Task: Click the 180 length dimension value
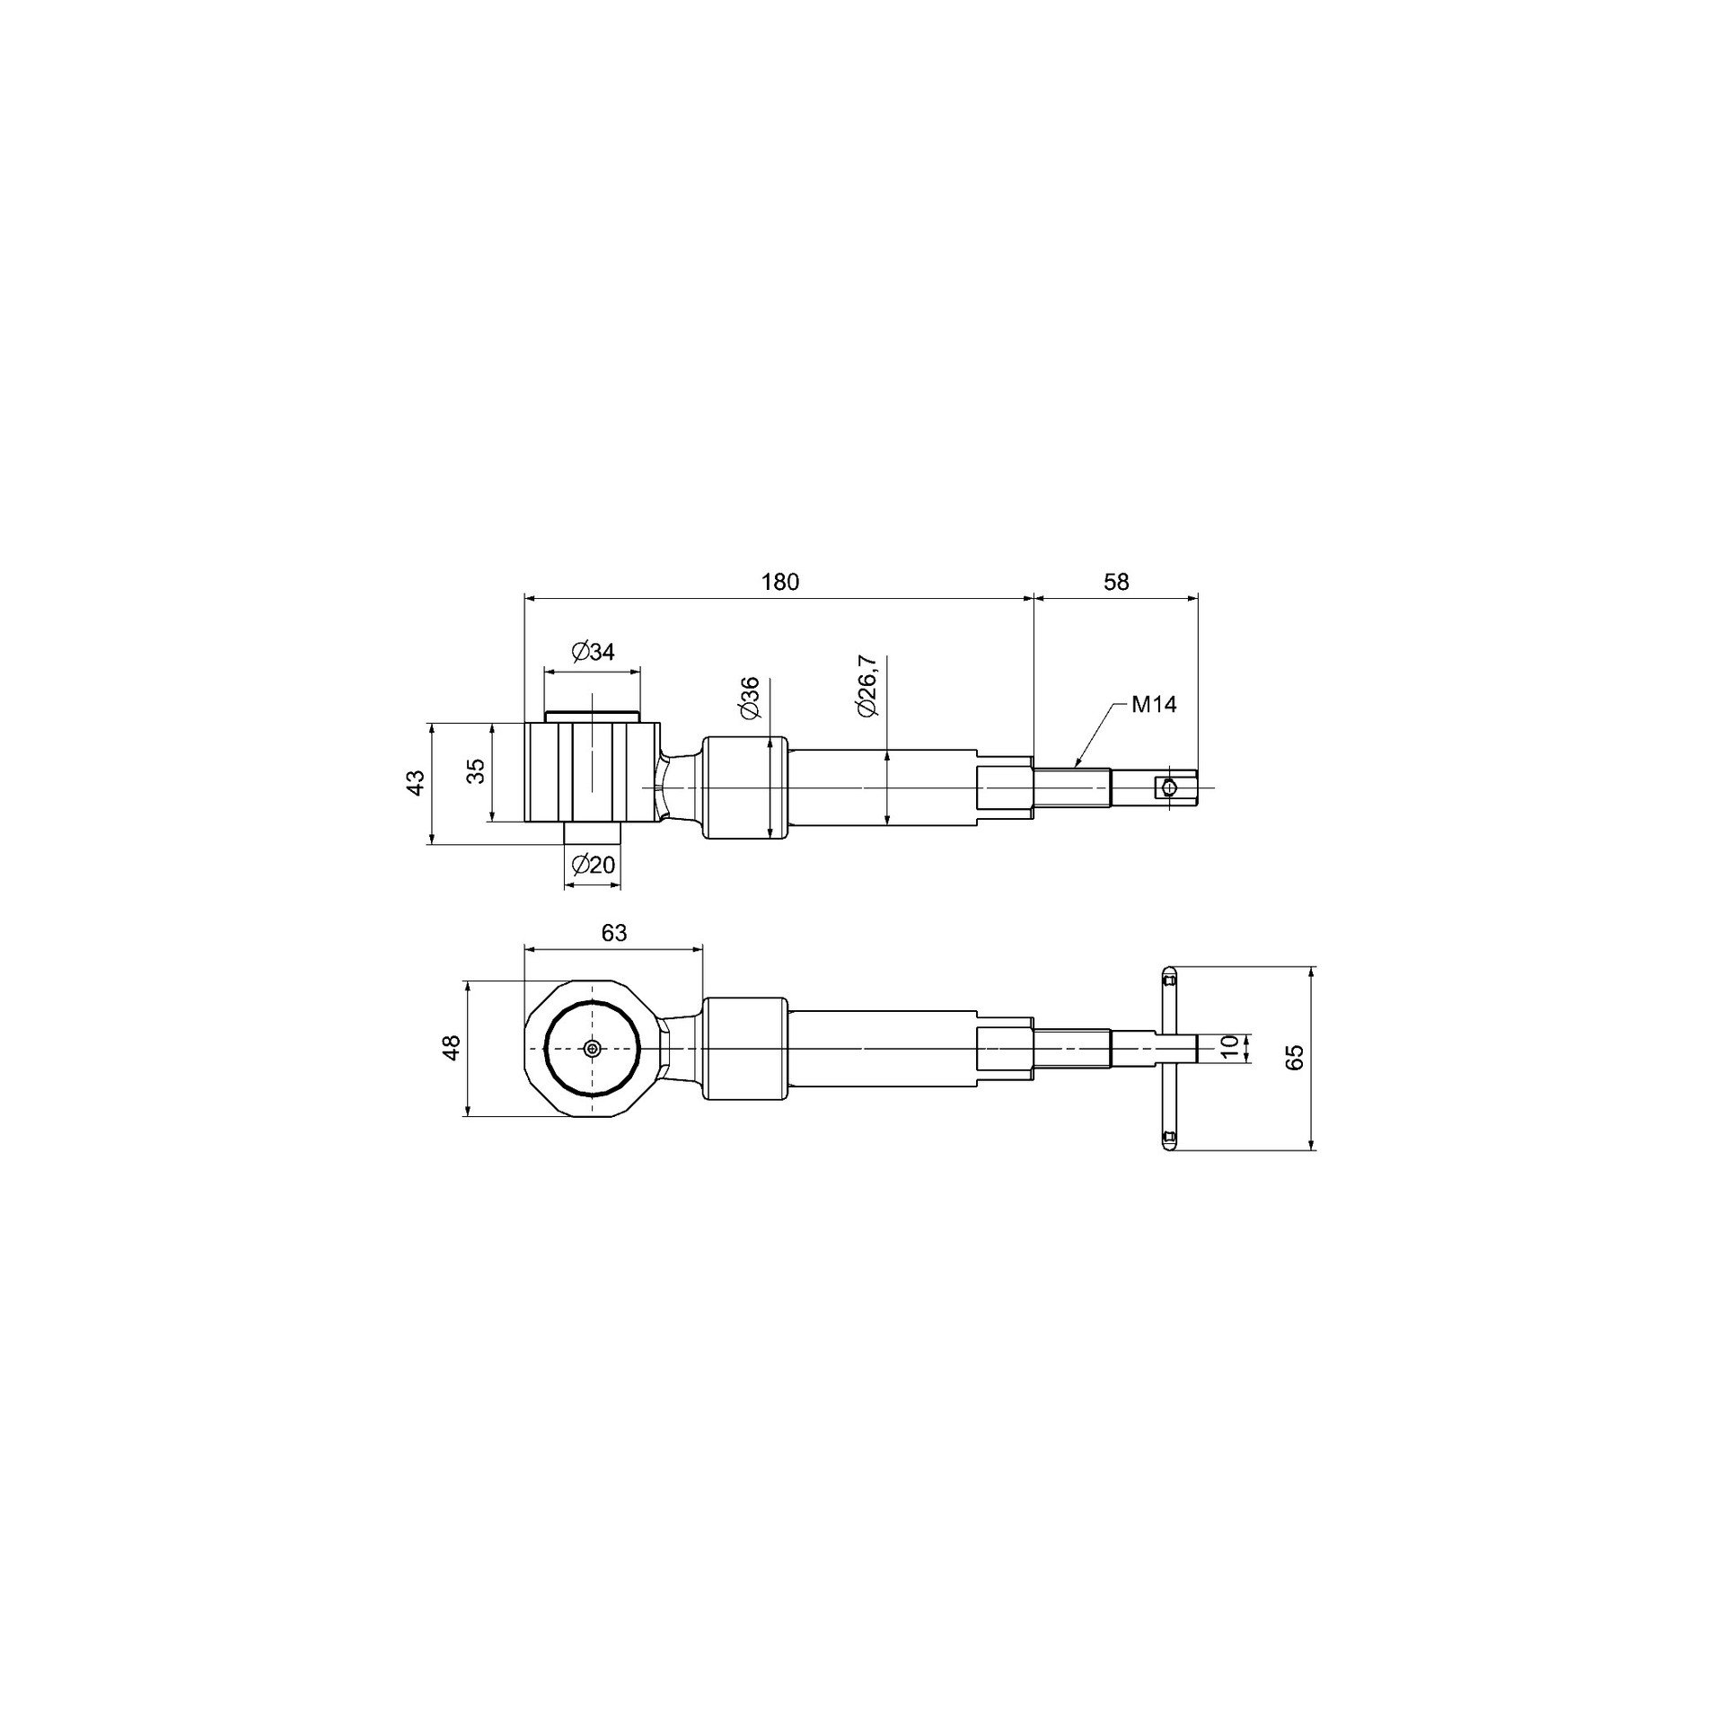779,582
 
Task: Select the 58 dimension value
1115,582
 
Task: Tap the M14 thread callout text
1154,705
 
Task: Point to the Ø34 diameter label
593,652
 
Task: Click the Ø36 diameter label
752,698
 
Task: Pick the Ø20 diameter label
593,865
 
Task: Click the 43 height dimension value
415,782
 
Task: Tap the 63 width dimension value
614,933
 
